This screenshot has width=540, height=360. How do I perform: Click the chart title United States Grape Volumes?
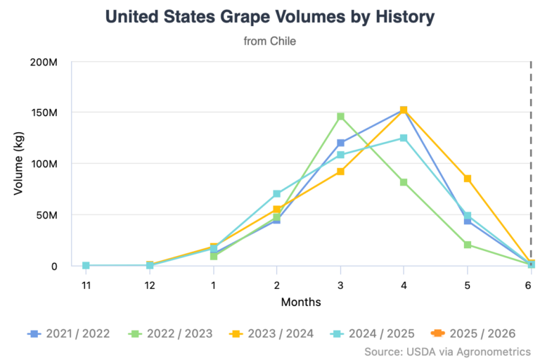(x=270, y=17)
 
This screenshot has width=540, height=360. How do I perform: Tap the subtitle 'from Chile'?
(x=270, y=41)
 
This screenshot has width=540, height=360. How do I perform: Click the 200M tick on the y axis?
(x=44, y=62)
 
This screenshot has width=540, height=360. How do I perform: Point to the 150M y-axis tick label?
(x=44, y=112)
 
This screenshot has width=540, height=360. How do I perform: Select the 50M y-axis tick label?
(x=46, y=215)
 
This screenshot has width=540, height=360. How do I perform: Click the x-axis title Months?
(x=301, y=302)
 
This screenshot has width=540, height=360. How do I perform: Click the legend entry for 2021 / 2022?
(x=69, y=333)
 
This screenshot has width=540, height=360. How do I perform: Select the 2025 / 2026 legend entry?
(x=475, y=333)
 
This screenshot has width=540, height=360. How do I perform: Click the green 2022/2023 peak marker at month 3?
(x=340, y=117)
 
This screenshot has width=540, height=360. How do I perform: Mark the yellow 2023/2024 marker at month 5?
(x=468, y=179)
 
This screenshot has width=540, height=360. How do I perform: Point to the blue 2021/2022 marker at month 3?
(x=340, y=143)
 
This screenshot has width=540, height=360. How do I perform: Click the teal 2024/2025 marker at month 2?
(x=277, y=193)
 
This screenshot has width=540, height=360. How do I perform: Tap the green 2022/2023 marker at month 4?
(x=404, y=182)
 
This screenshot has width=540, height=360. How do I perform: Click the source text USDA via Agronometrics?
(x=447, y=350)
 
